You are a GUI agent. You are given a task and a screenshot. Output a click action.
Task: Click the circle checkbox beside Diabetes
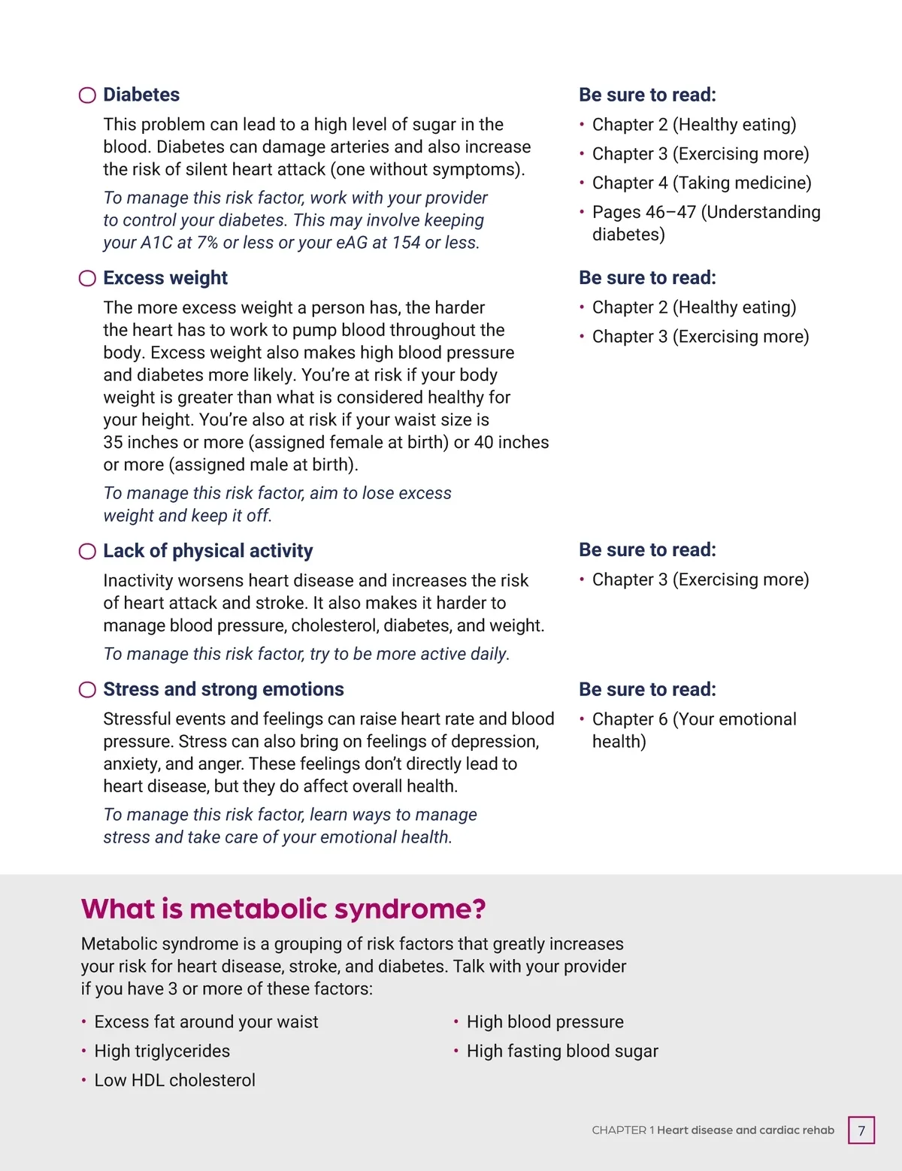pos(87,95)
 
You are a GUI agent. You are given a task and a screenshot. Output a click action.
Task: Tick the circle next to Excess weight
pos(87,278)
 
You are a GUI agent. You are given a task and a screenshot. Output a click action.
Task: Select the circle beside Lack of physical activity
pos(87,552)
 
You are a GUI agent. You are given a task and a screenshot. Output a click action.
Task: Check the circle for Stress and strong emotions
pos(87,690)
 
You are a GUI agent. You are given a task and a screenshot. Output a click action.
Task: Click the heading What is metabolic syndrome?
pos(283,909)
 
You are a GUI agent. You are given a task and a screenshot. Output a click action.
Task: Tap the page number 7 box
pos(861,1130)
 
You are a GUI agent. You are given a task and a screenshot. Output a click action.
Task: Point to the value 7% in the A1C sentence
pos(207,243)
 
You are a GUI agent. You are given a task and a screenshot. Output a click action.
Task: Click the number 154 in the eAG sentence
pos(406,243)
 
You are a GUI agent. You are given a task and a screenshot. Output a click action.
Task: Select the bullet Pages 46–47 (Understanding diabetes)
pos(706,223)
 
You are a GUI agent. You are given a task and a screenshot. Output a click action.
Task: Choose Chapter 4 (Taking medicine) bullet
pos(701,183)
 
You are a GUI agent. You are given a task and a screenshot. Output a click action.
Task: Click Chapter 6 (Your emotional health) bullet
pos(694,730)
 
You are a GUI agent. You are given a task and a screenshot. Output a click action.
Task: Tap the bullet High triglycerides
pos(162,1051)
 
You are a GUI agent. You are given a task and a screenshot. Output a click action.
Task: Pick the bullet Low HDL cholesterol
pos(174,1080)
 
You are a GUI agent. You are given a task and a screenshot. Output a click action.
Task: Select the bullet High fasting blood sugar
pos(561,1051)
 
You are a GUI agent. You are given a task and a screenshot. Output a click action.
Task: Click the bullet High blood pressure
pos(545,1021)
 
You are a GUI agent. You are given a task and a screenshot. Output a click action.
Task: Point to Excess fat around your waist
pos(206,1021)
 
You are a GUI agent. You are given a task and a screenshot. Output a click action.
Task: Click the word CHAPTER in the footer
pos(619,1130)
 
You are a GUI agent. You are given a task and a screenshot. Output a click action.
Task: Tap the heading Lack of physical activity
pos(207,551)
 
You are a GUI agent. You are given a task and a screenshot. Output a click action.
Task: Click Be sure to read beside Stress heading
pos(647,689)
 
